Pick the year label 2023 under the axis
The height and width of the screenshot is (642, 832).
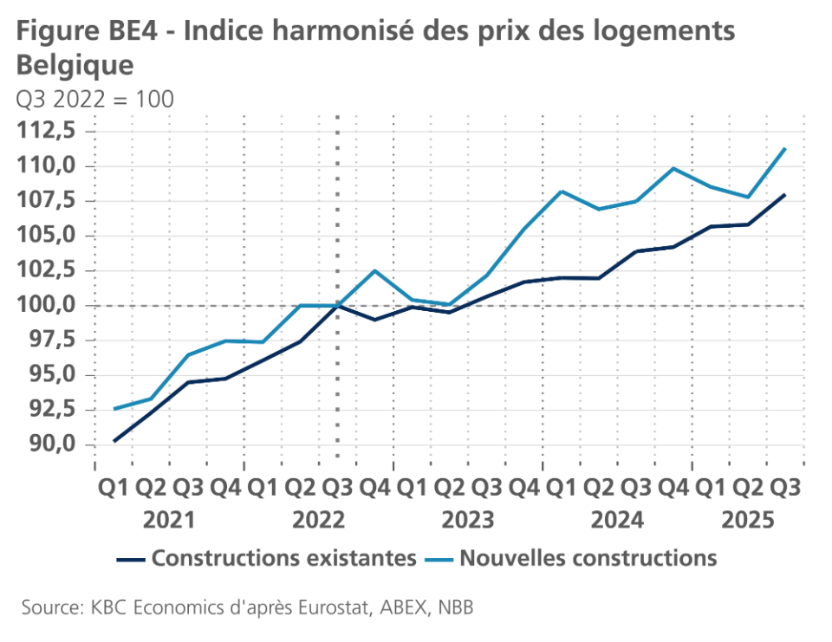pos(467,520)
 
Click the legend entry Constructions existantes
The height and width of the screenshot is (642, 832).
pos(283,558)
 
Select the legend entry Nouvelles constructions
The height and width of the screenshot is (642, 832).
pos(588,558)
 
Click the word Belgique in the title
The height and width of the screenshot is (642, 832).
pos(75,65)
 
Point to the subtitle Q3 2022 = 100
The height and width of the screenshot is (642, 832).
pos(94,100)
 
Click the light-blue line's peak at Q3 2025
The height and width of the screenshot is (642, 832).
pos(784,148)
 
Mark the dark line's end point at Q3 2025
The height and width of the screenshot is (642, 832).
pos(784,195)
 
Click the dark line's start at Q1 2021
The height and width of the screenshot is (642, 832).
pos(114,441)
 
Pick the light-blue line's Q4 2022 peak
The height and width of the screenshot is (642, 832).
pos(374,270)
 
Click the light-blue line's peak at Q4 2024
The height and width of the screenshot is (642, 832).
pos(673,168)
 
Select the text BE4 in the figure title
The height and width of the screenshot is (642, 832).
pos(129,31)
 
